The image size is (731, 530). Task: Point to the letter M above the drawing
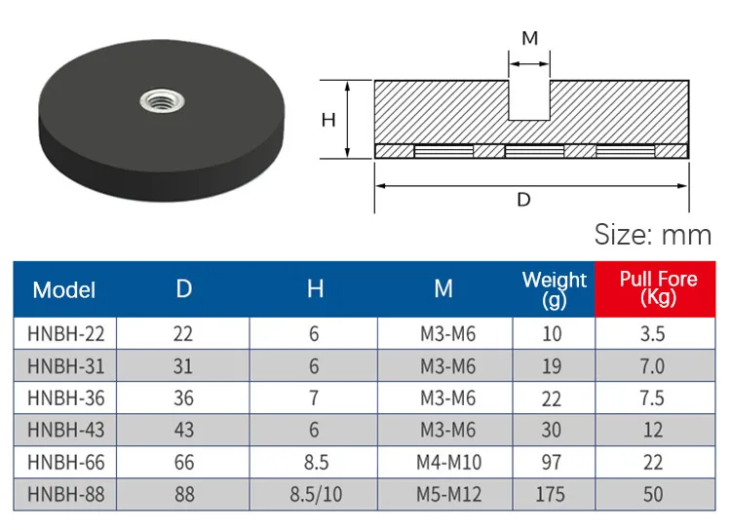pos(530,38)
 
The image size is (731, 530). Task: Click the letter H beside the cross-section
pos(329,120)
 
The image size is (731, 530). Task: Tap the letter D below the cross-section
pos(523,200)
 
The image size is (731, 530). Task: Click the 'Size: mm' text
pos(653,235)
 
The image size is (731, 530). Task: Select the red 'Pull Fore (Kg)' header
pos(658,288)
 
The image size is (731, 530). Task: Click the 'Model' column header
pos(64,289)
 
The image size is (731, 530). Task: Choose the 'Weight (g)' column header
pos(554,289)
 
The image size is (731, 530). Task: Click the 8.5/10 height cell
pos(314,494)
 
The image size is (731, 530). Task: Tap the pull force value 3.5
pos(652,334)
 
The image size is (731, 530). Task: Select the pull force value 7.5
pos(652,398)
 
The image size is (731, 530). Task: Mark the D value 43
pos(184,430)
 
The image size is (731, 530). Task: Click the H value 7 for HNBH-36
pos(314,398)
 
